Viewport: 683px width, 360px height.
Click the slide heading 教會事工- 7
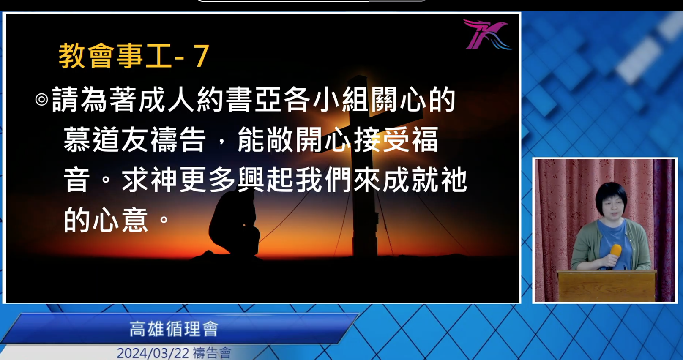(134, 56)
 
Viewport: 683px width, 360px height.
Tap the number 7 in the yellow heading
(201, 56)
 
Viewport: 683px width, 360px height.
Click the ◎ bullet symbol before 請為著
(41, 99)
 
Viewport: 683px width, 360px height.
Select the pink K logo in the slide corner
(487, 34)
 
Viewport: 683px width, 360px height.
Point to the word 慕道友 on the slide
(107, 139)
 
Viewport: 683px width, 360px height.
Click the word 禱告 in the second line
(179, 139)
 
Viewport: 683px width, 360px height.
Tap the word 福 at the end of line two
(425, 139)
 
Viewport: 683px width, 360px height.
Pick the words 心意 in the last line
(121, 220)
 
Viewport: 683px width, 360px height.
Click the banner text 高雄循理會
(174, 329)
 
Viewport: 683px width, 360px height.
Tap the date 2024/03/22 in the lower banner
(153, 353)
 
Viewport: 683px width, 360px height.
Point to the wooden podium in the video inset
(607, 285)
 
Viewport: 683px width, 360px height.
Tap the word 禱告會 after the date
(212, 353)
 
